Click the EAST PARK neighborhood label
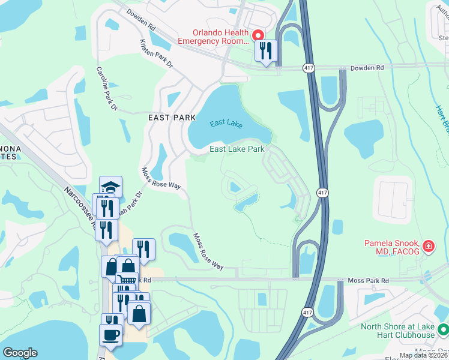click(172, 118)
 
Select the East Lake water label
click(226, 124)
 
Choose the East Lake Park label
click(237, 149)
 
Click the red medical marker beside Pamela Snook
click(429, 245)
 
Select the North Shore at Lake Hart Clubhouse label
click(397, 331)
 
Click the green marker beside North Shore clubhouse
click(443, 330)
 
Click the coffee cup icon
click(111, 334)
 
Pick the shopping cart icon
click(126, 279)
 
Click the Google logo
click(20, 353)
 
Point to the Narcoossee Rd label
click(80, 207)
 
